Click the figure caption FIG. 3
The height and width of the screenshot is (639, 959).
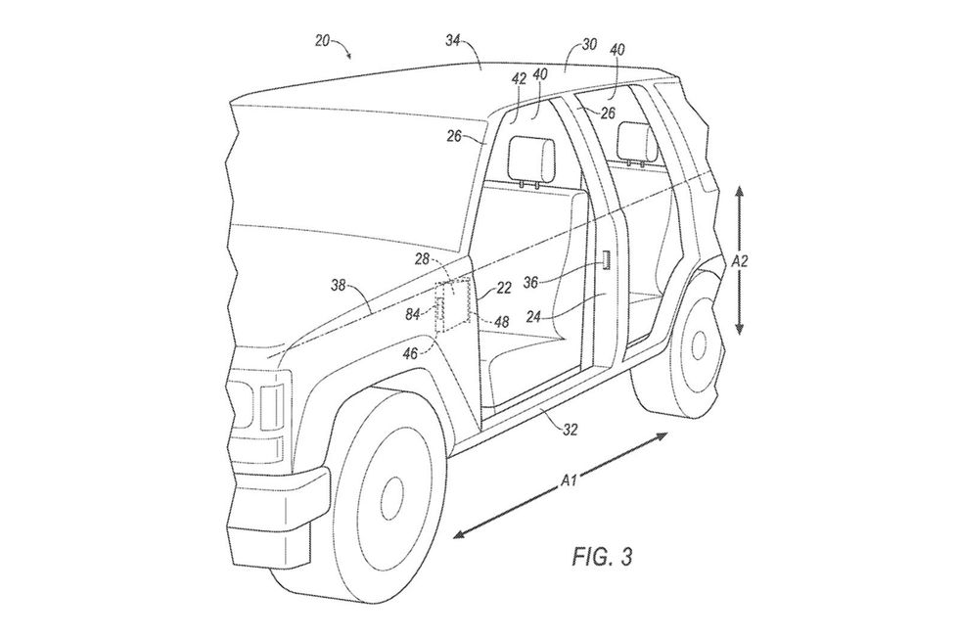(x=601, y=558)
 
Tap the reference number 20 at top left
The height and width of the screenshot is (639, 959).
(x=323, y=40)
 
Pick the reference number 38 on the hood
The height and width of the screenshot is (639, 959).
(x=340, y=285)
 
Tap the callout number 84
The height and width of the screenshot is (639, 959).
(x=414, y=313)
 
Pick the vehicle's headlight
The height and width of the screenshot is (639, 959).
(x=270, y=404)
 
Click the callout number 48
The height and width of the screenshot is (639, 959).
(x=501, y=320)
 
